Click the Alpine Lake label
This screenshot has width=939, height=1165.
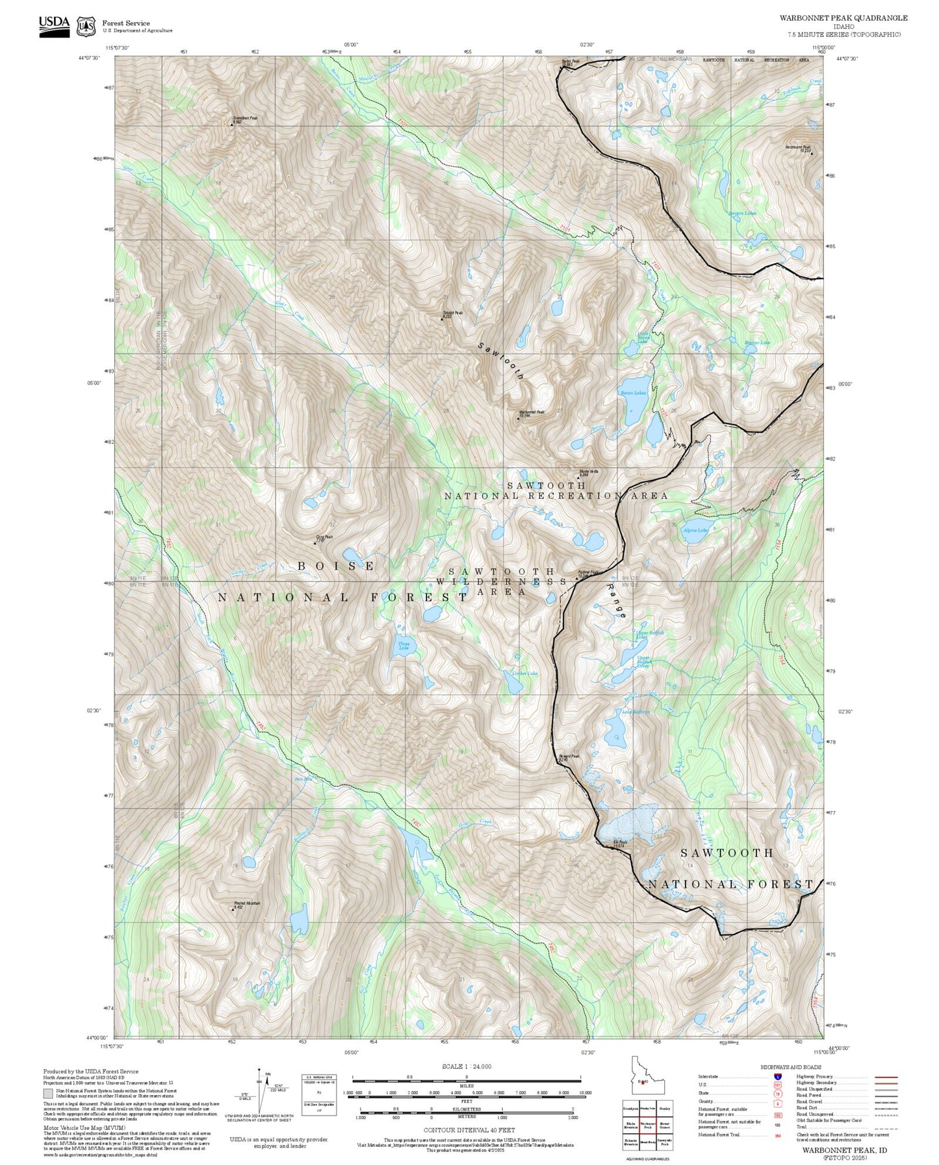pos(695,530)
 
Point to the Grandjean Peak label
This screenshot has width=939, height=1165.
pos(245,119)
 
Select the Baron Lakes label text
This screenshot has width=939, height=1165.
pos(633,392)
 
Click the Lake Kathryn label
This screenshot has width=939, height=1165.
pos(636,712)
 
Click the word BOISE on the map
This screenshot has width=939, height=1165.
pos(336,566)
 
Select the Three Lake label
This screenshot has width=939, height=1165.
pos(404,646)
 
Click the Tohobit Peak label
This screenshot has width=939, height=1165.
pos(452,314)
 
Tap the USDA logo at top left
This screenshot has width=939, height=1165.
pos(54,25)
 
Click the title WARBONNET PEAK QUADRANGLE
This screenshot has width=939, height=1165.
pos(843,18)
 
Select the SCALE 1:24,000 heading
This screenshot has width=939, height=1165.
pos(466,1066)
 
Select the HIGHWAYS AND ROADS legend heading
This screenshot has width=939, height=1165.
pos(790,1067)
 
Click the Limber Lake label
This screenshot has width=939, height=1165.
pos(525,673)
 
